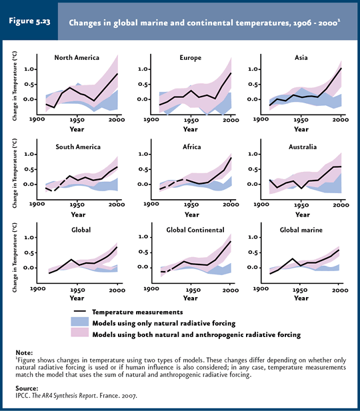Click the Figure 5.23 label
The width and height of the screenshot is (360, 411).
pos(29,21)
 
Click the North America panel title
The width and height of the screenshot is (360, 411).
pos(77,58)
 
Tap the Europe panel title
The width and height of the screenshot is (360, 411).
pos(191,58)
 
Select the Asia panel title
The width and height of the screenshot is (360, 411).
pos(301,58)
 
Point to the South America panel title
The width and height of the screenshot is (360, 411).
pos(78,147)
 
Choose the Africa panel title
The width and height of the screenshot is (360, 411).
pos(192,147)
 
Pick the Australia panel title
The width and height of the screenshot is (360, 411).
pos(303,147)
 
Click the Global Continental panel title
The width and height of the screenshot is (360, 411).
pos(195,230)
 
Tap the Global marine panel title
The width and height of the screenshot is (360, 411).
pos(301,230)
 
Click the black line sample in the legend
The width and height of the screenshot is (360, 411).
pos(80,311)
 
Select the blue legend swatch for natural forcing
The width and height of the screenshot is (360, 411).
pos(80,322)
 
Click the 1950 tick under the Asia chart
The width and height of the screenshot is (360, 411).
pos(301,120)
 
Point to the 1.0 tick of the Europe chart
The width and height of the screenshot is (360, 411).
pos(144,69)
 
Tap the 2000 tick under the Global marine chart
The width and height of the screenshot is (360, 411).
pos(341,290)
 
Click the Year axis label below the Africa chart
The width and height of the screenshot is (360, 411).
pos(192,214)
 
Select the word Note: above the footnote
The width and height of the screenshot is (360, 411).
pos(24,352)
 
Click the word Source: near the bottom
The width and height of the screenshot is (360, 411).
pos(27,388)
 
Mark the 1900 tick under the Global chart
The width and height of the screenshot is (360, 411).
pos(37,289)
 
